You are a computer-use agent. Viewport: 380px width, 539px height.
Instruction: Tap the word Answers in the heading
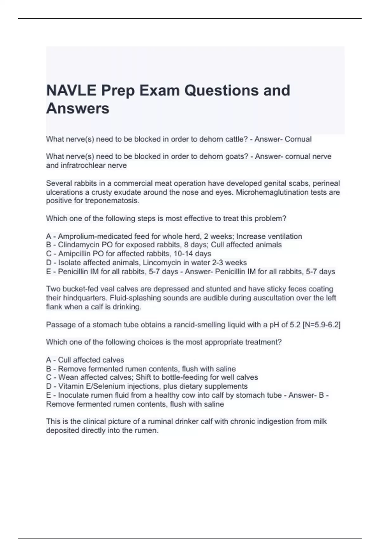pos(78,108)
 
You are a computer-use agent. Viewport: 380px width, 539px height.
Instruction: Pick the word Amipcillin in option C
pos(75,254)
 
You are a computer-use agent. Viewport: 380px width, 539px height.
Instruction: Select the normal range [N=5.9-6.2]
pos(321,325)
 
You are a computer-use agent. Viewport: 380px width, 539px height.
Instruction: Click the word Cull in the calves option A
pos(64,360)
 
